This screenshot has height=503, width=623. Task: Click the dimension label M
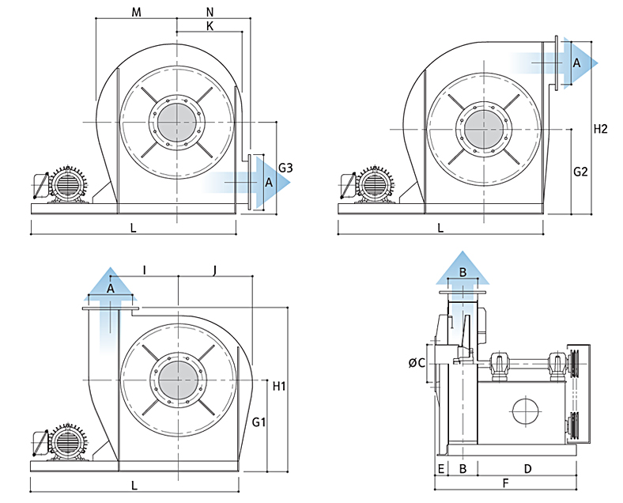[136, 12]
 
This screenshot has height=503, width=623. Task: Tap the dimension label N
[210, 12]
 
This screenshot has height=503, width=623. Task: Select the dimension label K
[210, 26]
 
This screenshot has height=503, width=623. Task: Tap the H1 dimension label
[279, 387]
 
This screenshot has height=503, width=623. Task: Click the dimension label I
[144, 270]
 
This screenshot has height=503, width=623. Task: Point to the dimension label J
[215, 270]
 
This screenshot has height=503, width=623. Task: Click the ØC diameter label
[417, 363]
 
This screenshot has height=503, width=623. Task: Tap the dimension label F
[505, 483]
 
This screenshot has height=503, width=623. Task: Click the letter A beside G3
[269, 183]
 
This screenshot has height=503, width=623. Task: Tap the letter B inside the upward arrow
[464, 272]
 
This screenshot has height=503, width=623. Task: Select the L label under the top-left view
[133, 228]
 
